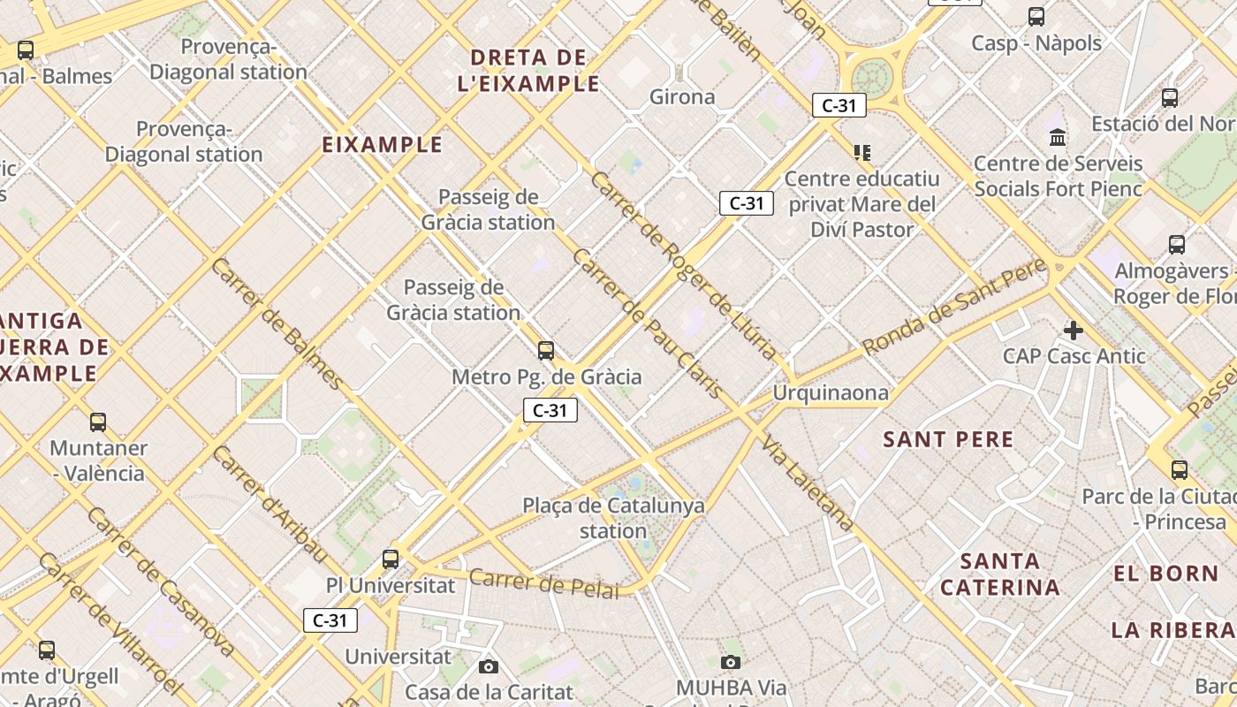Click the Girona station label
(x=682, y=97)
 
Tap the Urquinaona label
(x=831, y=392)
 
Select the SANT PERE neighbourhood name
(x=949, y=439)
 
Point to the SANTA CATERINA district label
(x=1000, y=574)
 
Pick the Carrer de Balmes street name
(x=276, y=323)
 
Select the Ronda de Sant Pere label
(x=954, y=306)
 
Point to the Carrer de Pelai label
(x=544, y=584)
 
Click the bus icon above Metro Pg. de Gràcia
(x=546, y=351)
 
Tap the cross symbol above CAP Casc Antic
(x=1074, y=331)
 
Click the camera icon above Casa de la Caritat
(x=489, y=666)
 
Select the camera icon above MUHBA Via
(x=731, y=662)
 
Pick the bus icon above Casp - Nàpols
(x=1036, y=17)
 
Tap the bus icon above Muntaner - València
(x=98, y=422)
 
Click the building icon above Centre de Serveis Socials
(x=1058, y=137)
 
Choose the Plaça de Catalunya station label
(x=613, y=519)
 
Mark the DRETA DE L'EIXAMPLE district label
(x=528, y=71)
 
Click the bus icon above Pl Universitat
(x=391, y=559)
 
